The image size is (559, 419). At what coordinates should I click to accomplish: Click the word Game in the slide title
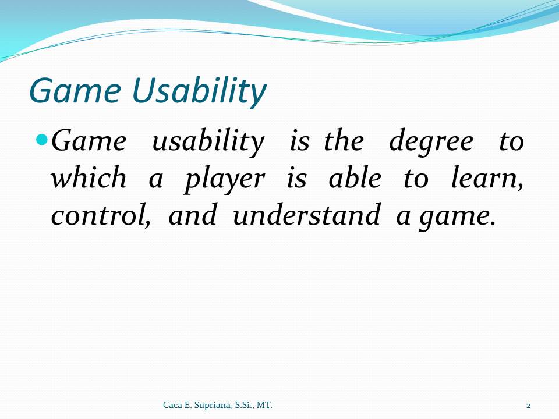[75, 90]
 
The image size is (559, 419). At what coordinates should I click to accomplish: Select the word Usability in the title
[199, 91]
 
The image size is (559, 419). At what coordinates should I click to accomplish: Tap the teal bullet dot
[42, 139]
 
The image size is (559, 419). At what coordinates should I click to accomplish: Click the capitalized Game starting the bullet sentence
[89, 141]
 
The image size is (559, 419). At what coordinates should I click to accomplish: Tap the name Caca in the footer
[172, 405]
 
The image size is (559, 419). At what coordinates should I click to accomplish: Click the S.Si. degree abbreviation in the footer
[243, 405]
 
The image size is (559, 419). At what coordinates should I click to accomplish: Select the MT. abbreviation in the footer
[264, 405]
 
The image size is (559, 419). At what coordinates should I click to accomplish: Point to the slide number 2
[528, 406]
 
